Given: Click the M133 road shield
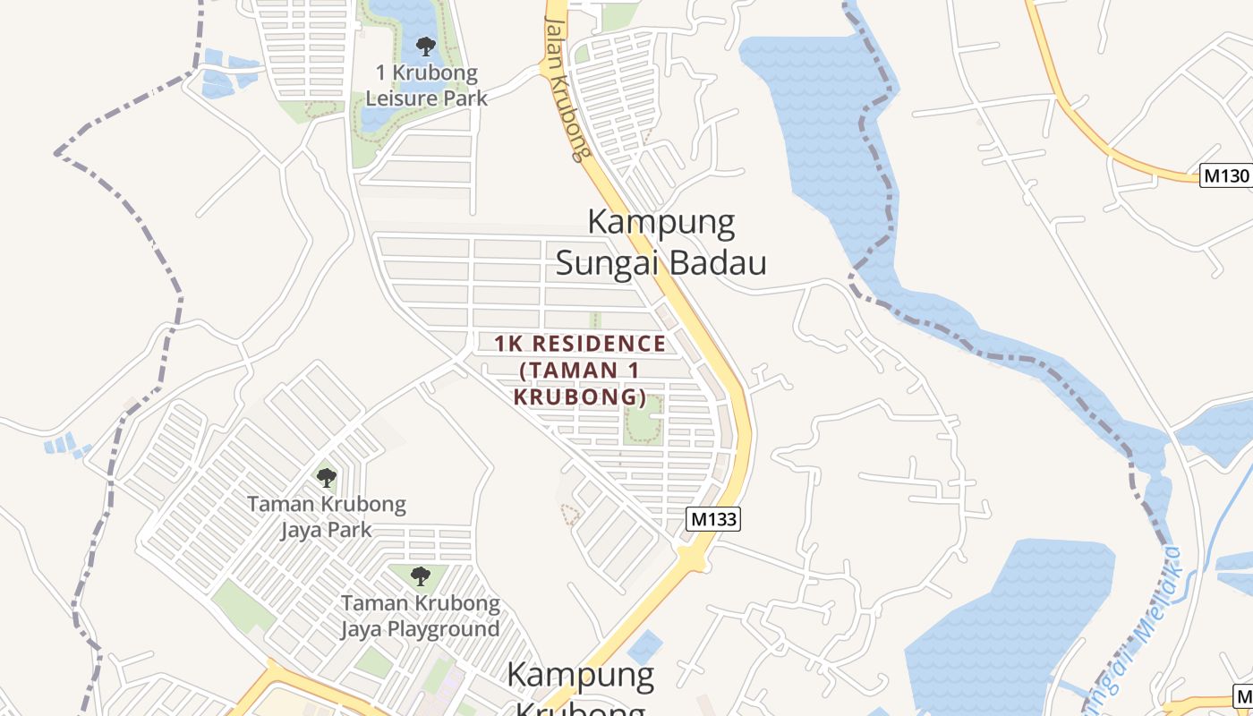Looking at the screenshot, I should tap(714, 519).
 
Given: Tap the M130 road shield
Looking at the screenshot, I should tap(1225, 175).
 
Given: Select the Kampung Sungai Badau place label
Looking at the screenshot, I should tap(661, 243).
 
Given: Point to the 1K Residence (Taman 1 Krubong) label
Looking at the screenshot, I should tap(580, 370).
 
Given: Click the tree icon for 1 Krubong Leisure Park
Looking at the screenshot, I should tap(425, 45).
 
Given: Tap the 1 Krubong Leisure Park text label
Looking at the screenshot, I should tap(427, 85).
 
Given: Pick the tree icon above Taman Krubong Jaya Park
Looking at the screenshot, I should tap(327, 477).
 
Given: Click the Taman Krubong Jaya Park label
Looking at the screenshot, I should tap(327, 516).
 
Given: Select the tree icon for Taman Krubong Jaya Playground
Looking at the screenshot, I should tap(420, 575).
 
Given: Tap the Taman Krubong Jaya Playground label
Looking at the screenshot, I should tap(420, 616).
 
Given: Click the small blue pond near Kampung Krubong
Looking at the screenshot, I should tap(644, 646).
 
